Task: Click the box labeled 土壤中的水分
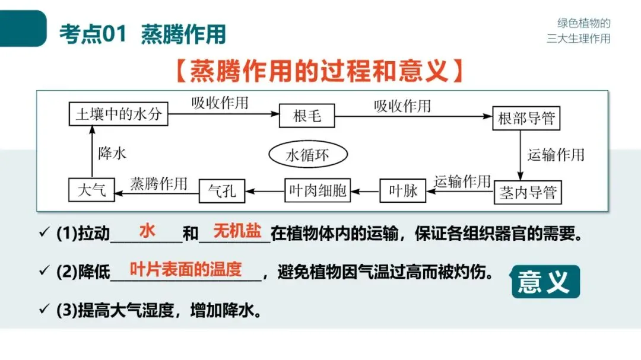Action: click(118, 114)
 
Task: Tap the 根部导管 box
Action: click(526, 118)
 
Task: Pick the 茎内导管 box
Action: click(527, 193)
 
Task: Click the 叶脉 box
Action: click(402, 191)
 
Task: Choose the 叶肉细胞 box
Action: click(317, 191)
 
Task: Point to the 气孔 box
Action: click(221, 191)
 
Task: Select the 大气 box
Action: click(91, 190)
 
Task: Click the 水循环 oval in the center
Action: click(307, 155)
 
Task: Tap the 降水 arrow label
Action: click(112, 153)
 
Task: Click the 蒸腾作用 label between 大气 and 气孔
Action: click(158, 183)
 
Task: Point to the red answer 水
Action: click(147, 231)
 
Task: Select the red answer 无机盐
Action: click(237, 231)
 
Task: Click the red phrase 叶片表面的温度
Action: click(186, 269)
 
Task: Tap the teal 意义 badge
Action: click(545, 281)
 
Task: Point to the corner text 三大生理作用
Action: click(578, 39)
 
